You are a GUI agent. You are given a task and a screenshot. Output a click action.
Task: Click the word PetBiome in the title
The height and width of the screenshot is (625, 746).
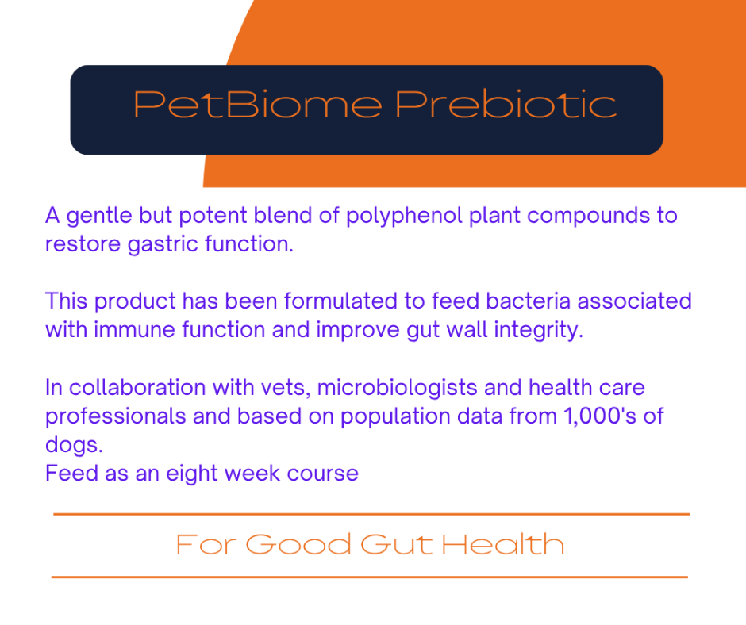(258, 104)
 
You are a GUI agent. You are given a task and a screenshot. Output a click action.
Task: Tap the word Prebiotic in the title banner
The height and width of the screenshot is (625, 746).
(506, 104)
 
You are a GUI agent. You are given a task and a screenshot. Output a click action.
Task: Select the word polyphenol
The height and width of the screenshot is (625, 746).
(404, 217)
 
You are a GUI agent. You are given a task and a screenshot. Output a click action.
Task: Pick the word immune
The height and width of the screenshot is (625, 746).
(134, 330)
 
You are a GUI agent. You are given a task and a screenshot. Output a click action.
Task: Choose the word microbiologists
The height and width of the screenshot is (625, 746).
(398, 389)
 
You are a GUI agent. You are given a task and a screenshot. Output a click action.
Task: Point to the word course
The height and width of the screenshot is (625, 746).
(322, 474)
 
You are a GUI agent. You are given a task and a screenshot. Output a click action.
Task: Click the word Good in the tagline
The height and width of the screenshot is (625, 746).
(298, 545)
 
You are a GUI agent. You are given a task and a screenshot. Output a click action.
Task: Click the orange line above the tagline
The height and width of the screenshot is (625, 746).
(371, 514)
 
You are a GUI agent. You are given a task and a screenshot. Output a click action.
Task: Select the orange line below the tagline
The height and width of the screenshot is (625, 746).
(370, 577)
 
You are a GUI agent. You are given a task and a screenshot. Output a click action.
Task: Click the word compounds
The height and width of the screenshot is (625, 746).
(589, 217)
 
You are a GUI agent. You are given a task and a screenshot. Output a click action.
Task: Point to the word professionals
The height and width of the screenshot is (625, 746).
(116, 417)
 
